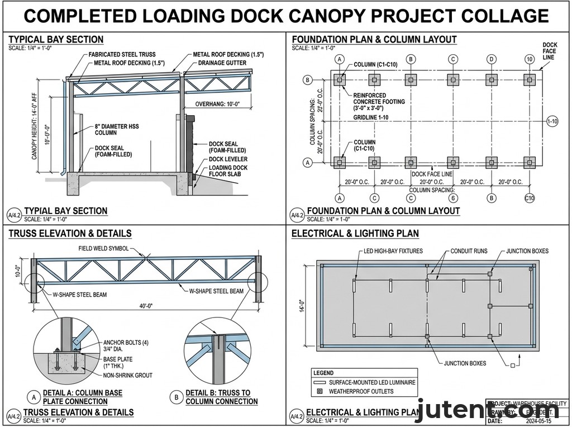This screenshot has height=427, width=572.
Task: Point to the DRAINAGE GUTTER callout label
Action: point(222,63)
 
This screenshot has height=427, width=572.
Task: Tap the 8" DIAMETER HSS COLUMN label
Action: point(117,130)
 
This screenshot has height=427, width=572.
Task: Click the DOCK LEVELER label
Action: point(228,159)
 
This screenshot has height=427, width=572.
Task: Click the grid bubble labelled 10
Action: point(530,59)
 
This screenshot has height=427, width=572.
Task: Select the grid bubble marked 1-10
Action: point(552,121)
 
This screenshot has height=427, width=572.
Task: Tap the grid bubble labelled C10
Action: point(530,198)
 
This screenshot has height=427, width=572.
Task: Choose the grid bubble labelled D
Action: point(492,59)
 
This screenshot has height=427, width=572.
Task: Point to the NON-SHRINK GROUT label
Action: point(127,375)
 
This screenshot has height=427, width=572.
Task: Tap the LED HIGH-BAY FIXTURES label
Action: point(393,252)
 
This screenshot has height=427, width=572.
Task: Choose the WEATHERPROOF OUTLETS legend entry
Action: point(361,391)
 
